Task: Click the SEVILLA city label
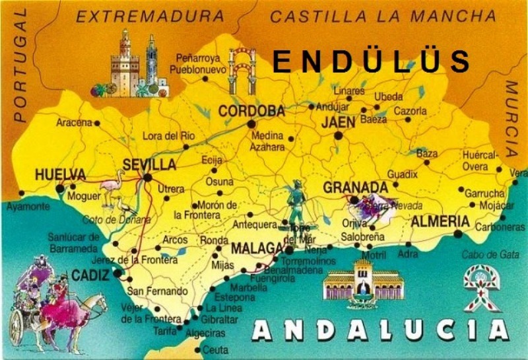(x=150, y=164)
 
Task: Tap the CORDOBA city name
(x=251, y=110)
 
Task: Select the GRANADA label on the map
(x=354, y=188)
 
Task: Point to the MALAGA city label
(x=257, y=248)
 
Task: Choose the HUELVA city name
(x=60, y=175)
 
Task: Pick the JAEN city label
(x=338, y=122)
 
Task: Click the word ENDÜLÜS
(x=371, y=61)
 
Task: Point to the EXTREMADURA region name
(x=150, y=17)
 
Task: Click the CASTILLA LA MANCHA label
(x=383, y=17)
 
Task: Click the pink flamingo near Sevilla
(x=113, y=188)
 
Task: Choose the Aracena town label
(x=74, y=122)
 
